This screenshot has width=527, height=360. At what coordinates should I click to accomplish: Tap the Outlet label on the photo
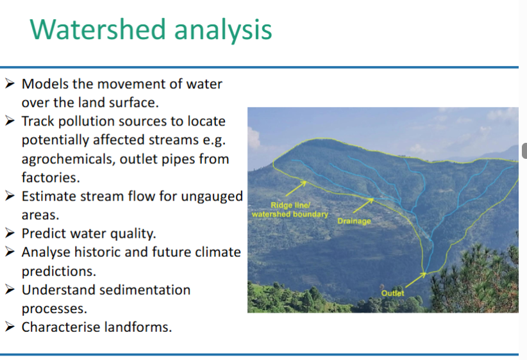click(392, 293)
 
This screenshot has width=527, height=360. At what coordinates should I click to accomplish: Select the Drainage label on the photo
click(354, 221)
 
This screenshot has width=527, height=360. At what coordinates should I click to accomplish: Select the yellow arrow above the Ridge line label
click(296, 188)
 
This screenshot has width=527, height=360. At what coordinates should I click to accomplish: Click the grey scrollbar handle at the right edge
click(524, 151)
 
